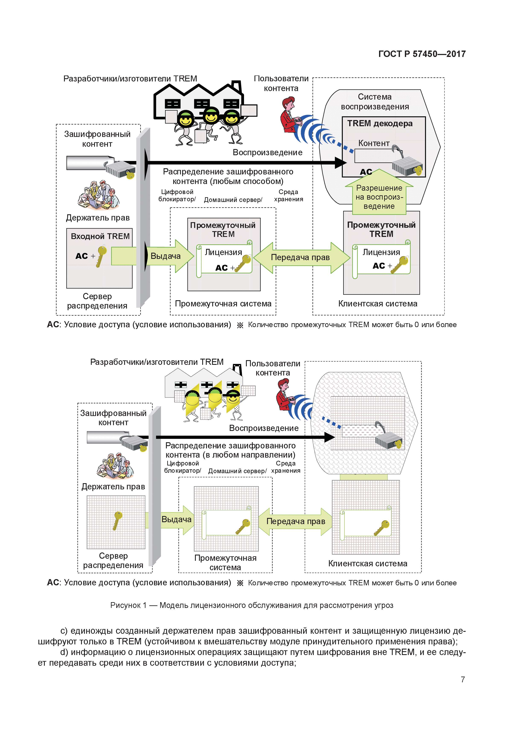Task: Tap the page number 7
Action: click(462, 679)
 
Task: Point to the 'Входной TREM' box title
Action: click(100, 236)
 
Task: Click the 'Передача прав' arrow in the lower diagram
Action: click(296, 521)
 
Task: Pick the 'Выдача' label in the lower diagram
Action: click(176, 519)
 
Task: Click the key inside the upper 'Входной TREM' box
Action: click(101, 256)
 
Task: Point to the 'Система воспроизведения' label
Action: click(375, 102)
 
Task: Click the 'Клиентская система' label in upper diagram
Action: click(378, 304)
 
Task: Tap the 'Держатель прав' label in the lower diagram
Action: click(113, 486)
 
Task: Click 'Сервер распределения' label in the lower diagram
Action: click(113, 560)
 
